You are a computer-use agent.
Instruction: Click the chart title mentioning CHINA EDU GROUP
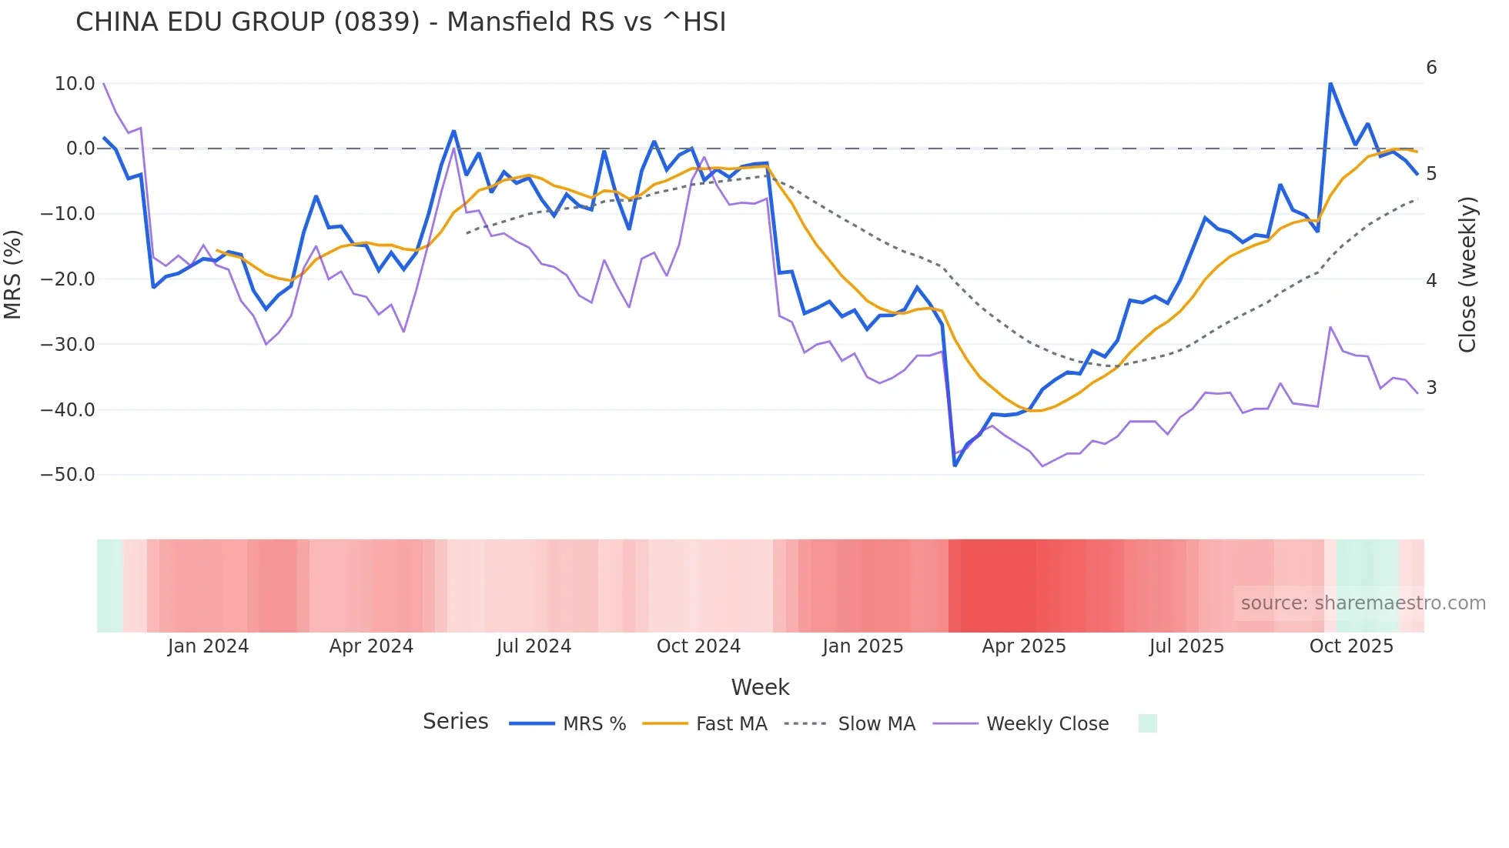(400, 22)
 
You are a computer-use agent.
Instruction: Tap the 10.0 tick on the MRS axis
(74, 83)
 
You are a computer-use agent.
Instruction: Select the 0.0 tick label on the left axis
(80, 149)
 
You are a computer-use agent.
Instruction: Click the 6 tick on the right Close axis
(1431, 68)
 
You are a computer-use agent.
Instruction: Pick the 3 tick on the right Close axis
(1431, 388)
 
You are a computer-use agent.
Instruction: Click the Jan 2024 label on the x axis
(208, 646)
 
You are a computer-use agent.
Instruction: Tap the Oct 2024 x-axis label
(698, 646)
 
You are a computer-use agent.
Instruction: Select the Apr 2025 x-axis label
(1024, 646)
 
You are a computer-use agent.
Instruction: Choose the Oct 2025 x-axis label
(1351, 646)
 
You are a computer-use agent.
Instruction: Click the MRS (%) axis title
(13, 275)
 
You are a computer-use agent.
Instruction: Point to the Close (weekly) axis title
(1467, 275)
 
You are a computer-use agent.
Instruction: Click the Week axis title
(760, 687)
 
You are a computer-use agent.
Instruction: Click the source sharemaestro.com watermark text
(1363, 603)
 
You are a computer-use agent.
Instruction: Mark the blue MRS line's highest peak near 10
(1330, 82)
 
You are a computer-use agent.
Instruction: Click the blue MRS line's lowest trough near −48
(955, 465)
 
